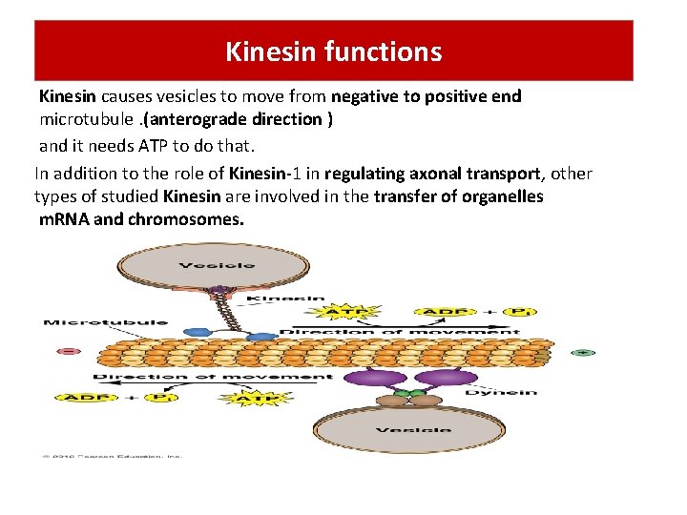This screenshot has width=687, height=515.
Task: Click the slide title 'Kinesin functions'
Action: [x=333, y=51]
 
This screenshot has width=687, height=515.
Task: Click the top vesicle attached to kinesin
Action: [x=220, y=263]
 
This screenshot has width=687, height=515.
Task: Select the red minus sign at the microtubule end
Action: [x=68, y=352]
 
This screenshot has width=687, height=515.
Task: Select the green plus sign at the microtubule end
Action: [x=583, y=352]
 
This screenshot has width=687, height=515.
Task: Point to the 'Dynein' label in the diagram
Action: [x=514, y=391]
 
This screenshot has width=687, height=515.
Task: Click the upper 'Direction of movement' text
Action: [x=400, y=332]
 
